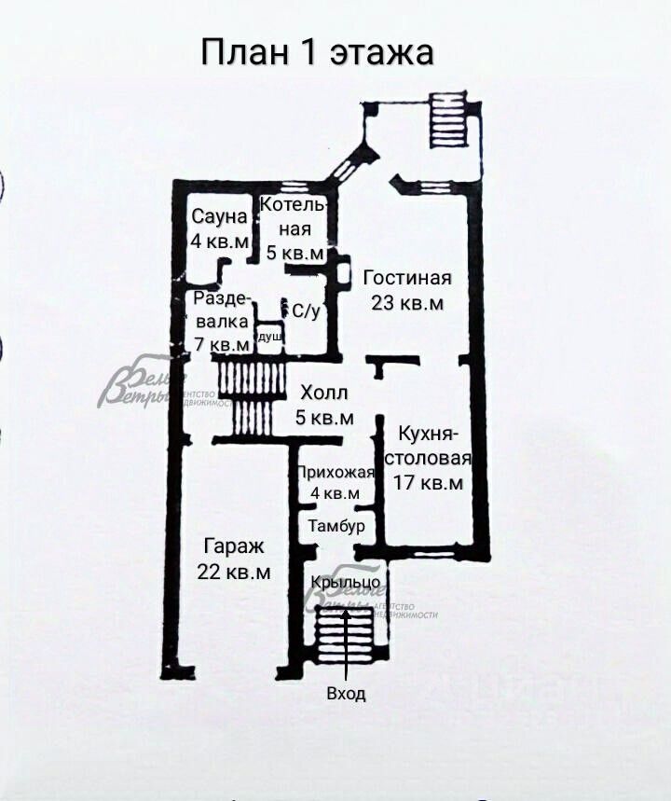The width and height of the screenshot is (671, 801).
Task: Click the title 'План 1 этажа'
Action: [x=318, y=52]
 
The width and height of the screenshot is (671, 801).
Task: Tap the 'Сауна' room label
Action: [x=220, y=217]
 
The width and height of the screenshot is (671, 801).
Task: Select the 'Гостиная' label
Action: [x=407, y=278]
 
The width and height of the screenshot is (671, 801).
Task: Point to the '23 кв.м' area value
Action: [x=407, y=303]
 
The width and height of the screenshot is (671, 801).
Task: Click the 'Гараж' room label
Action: [x=234, y=547]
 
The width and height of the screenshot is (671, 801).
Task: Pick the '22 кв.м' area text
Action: [x=234, y=572]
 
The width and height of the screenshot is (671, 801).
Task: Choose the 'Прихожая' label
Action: [x=336, y=472]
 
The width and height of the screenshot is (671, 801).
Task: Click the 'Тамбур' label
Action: [x=336, y=527]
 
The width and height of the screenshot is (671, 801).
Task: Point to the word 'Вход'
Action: [x=346, y=694]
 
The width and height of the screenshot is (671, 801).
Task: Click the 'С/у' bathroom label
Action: [x=307, y=311]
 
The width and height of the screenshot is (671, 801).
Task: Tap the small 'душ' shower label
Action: [x=270, y=337]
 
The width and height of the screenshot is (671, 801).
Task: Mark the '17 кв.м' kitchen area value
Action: [x=430, y=483]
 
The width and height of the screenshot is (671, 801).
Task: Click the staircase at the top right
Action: [x=446, y=117]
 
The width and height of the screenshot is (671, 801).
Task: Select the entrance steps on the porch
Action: [x=345, y=634]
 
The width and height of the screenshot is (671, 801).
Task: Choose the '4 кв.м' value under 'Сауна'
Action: [x=220, y=241]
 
